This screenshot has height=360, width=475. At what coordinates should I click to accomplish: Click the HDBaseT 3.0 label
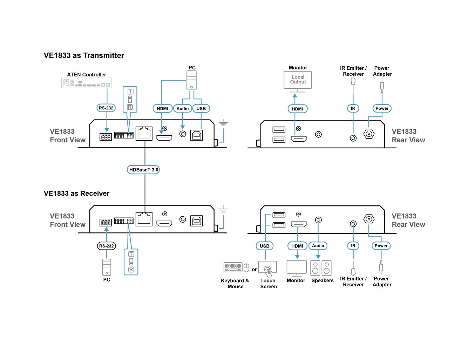pos(143,170)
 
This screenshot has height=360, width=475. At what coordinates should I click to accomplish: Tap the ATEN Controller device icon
pos(87,83)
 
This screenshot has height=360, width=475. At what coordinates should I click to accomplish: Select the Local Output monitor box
pos(298,80)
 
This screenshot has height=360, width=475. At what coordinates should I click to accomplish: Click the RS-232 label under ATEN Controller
pos(106,108)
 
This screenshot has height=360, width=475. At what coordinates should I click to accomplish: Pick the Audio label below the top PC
pos(182,109)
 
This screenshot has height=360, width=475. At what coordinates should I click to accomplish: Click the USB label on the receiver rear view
pos(264,246)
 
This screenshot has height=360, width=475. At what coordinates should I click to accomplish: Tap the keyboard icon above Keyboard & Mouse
pos(233,267)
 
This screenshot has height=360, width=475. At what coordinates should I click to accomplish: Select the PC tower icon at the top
pos(191,80)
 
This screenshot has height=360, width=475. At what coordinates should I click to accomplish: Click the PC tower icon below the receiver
pos(107,267)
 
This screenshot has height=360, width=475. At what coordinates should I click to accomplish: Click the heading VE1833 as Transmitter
pos(84,55)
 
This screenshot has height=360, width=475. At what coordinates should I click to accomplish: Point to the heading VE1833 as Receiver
pos(76,193)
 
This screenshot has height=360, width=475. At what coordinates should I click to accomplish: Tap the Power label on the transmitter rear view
pos(382,108)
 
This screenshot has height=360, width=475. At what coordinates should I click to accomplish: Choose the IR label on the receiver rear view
pos(353,246)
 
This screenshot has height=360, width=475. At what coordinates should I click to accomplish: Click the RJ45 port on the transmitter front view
pos(144,134)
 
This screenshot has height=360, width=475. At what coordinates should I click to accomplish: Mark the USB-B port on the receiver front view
pos(197,221)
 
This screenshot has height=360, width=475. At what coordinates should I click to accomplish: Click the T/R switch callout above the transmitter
pos(130,99)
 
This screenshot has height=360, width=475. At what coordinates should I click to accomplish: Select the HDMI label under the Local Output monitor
pos(297,109)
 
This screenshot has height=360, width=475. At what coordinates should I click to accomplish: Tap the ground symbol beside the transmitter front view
pos(223,123)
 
